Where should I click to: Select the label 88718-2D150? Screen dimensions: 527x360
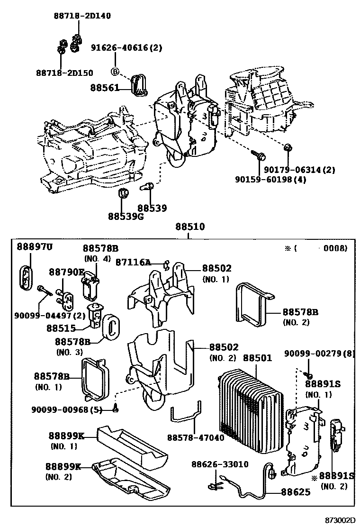pos(64,73)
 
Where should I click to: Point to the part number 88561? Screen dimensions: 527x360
pos(105,88)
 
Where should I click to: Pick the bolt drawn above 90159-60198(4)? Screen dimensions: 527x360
pos(258,154)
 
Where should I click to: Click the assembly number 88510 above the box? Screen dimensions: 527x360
pos(189,227)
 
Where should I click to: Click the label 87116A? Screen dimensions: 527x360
pos(133,262)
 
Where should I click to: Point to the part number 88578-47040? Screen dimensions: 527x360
pos(196,438)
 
